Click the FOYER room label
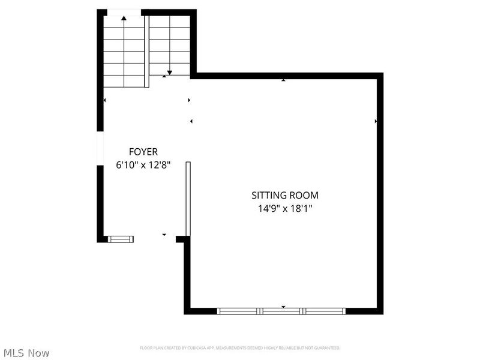point(143,152)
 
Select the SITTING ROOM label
point(284,195)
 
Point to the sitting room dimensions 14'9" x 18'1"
point(284,209)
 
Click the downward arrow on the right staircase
point(170,71)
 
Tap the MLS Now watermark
point(26,353)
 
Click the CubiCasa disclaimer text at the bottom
point(240,348)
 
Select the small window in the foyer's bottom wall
point(120,239)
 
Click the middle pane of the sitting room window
point(282,311)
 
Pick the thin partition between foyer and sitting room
point(188,198)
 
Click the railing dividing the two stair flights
point(146,43)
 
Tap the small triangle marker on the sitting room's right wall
point(376,121)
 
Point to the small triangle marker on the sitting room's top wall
point(283,79)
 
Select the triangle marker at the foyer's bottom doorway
point(164,234)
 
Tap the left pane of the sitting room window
point(238,311)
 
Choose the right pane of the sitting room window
point(325,311)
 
